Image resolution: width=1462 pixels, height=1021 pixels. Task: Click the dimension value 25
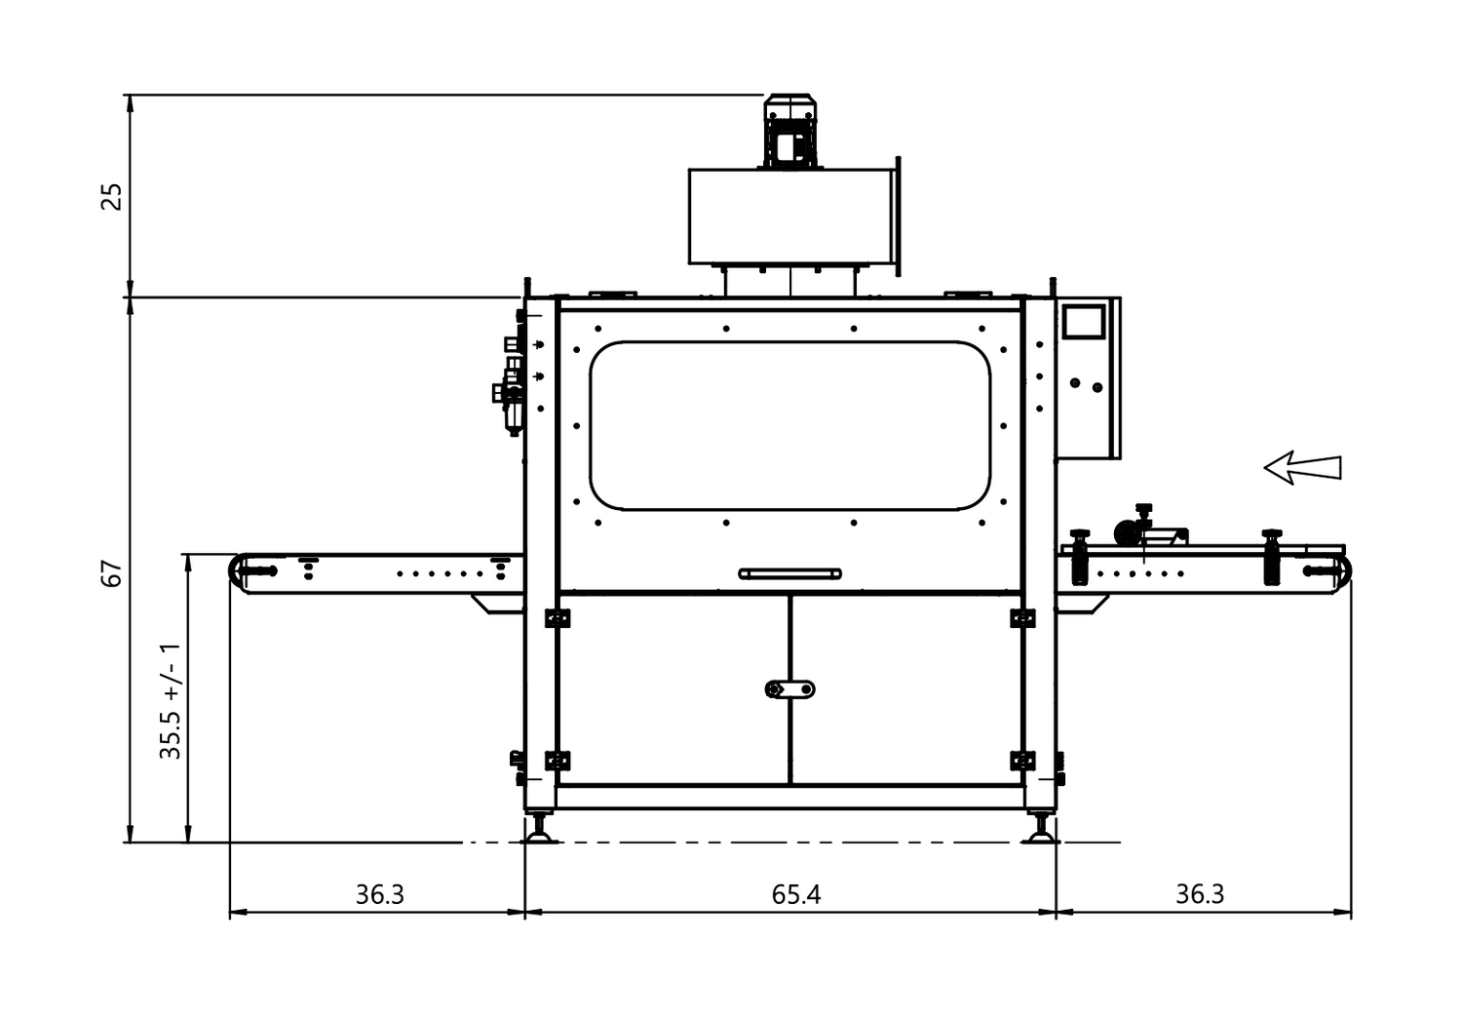point(113,196)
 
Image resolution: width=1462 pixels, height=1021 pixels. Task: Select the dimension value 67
point(113,572)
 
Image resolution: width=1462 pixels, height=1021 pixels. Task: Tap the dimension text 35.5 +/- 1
point(171,700)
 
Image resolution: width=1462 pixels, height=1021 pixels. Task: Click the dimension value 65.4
point(795,894)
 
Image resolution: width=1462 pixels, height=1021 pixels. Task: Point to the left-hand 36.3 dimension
point(379,894)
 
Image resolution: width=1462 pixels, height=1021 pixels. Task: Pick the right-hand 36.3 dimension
point(1199,894)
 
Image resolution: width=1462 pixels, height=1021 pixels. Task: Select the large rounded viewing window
point(789,425)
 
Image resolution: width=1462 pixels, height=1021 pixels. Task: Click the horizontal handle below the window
point(789,573)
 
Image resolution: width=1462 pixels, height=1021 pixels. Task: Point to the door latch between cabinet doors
point(789,689)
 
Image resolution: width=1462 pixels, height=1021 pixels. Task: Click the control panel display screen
point(1084,323)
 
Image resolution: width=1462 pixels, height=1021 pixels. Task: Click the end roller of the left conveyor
point(239,570)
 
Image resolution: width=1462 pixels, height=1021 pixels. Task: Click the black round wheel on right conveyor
point(1126,532)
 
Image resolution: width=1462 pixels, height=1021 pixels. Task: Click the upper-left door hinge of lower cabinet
point(557,617)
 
